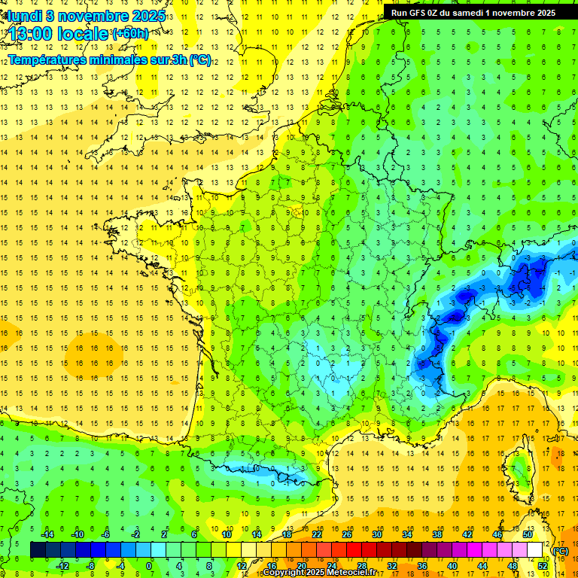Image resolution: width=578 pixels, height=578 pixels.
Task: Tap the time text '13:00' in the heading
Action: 32,34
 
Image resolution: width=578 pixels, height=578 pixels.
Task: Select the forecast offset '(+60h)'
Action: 130,34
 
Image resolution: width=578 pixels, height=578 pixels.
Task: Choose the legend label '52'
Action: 543,566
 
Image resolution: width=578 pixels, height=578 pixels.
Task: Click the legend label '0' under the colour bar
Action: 149,566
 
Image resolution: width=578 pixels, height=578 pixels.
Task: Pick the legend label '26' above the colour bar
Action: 347,534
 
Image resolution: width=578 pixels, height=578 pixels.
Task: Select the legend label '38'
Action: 437,534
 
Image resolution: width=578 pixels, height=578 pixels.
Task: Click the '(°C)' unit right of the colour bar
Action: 561,551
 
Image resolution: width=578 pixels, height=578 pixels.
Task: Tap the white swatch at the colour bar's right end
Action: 535,550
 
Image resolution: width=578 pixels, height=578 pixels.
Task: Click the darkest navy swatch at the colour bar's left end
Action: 38,550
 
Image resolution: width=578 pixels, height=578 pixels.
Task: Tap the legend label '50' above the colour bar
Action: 528,534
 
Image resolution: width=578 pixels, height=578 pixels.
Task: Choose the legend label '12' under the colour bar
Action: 242,566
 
